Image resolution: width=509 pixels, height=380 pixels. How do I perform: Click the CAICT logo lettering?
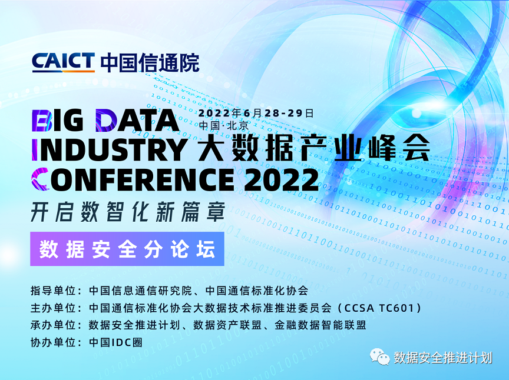tap(63, 62)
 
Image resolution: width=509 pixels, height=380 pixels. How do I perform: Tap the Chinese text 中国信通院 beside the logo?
tap(150, 62)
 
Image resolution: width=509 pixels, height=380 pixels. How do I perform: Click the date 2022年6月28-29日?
tap(256, 113)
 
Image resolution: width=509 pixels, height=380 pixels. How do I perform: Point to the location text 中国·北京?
tap(224, 125)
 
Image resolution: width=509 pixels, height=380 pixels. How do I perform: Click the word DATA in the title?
tap(138, 120)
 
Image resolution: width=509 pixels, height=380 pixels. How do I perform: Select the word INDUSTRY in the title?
tap(110, 149)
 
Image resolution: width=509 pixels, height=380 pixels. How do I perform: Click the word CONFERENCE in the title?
tap(133, 179)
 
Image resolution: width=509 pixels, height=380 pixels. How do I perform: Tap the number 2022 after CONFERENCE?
tap(282, 179)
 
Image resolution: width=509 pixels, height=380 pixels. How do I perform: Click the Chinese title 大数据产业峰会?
tap(314, 148)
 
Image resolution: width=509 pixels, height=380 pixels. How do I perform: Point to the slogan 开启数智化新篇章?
tap(128, 212)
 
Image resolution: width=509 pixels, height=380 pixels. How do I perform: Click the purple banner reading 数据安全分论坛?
tap(127, 249)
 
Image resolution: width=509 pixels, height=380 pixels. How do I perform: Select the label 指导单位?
tap(53, 291)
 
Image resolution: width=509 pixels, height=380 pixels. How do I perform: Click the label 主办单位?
tap(53, 308)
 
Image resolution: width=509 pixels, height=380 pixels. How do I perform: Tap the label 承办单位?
tap(53, 325)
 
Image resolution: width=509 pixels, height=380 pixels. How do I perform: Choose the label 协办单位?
tap(53, 342)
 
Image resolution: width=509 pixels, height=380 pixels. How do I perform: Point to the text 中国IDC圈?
tap(116, 342)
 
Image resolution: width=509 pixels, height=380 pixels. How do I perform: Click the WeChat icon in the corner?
tap(380, 357)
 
